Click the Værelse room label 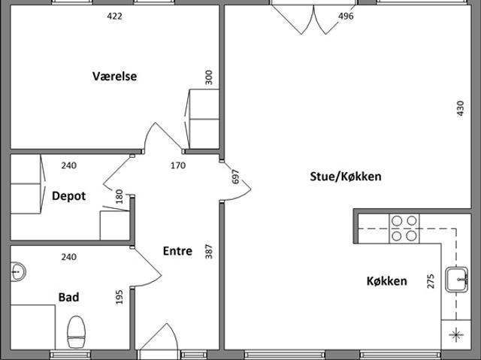coord(115,76)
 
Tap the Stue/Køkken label coord(346,177)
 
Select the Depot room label coord(68,196)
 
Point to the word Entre coord(177,251)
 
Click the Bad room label coord(68,297)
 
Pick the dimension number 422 coord(114,16)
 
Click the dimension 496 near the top coord(346,16)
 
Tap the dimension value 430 coord(461,108)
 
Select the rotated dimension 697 coord(235,177)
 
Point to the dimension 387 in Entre coord(209,252)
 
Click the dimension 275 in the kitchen coord(431,281)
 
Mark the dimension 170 coord(178,165)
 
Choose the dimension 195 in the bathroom coord(119,297)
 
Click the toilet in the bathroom coord(76,332)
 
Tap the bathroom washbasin coord(18,271)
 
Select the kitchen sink coord(457,280)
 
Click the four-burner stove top coord(404,228)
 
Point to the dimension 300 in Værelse coord(209,77)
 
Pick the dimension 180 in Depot coord(119,197)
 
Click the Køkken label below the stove coord(387,281)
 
